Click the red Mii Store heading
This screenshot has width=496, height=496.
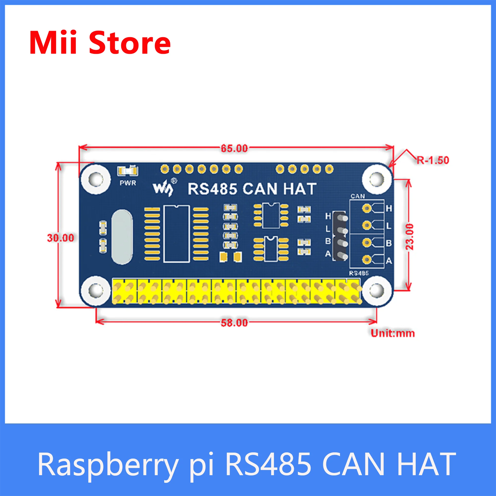click(100, 42)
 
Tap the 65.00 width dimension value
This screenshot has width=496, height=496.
click(234, 148)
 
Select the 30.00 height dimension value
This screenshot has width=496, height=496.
click(61, 238)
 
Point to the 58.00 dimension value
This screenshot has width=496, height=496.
click(234, 323)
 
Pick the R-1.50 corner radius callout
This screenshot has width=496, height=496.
click(433, 160)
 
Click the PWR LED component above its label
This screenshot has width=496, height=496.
click(127, 171)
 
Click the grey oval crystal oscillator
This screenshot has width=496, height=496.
click(122, 237)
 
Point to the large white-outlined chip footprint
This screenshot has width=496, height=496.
click(177, 234)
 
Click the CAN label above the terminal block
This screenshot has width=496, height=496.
click(358, 196)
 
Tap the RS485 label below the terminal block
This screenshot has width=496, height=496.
click(359, 273)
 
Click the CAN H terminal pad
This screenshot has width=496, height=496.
click(367, 208)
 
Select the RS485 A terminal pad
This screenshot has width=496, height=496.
click(367, 260)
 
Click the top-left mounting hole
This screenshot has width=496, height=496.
click(95, 179)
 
